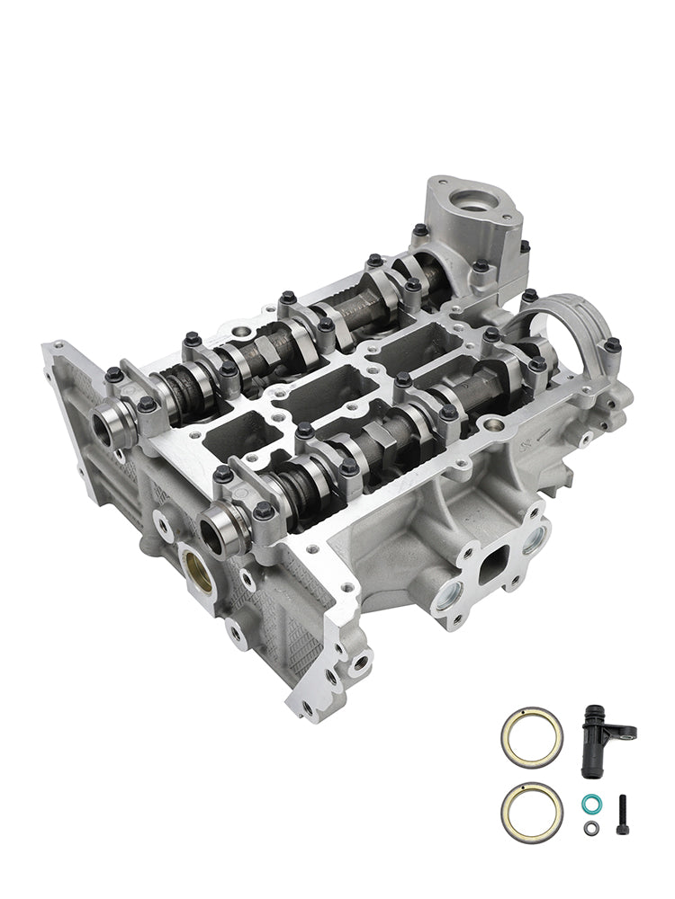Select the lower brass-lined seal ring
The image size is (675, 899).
click(x=531, y=807)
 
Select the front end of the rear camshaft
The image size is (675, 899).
click(x=106, y=422)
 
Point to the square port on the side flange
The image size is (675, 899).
click(x=493, y=570)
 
